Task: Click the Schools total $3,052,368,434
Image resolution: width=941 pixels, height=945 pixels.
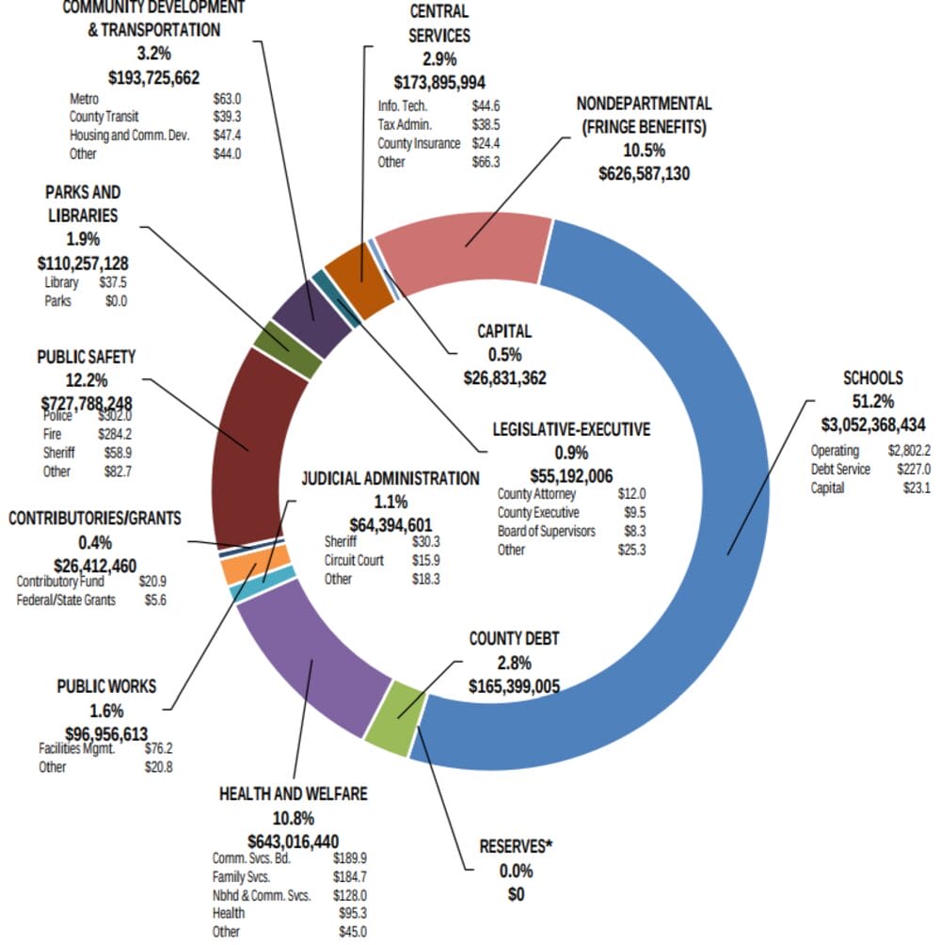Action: pos(873,423)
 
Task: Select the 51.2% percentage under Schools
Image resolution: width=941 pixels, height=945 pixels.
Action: pos(872,400)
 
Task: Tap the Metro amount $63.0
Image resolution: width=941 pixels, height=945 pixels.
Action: pos(227,98)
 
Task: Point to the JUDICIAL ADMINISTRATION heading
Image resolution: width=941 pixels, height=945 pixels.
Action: pos(390,478)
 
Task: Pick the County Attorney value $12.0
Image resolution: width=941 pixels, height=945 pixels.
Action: pos(631,493)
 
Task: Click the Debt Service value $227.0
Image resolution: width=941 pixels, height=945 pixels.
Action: pos(914,469)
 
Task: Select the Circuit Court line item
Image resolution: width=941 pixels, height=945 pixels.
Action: pos(354,560)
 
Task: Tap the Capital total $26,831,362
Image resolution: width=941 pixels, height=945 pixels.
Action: pos(505,377)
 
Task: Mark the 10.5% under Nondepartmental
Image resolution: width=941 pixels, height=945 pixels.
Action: pos(644,150)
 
